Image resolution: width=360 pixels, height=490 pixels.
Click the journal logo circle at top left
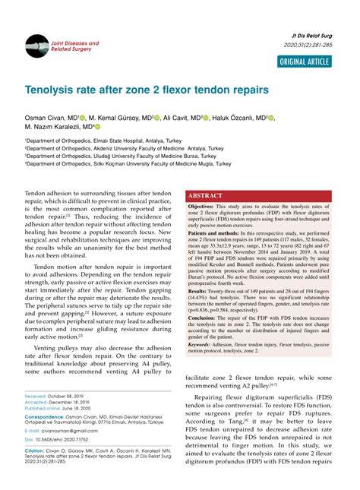coord(36,46)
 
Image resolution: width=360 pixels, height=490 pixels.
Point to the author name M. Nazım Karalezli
coord(56,128)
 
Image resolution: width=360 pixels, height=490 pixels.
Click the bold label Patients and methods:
coord(218,234)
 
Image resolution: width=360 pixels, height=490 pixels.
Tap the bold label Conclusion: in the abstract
coord(204,318)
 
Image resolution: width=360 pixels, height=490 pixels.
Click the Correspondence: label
coord(44,417)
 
